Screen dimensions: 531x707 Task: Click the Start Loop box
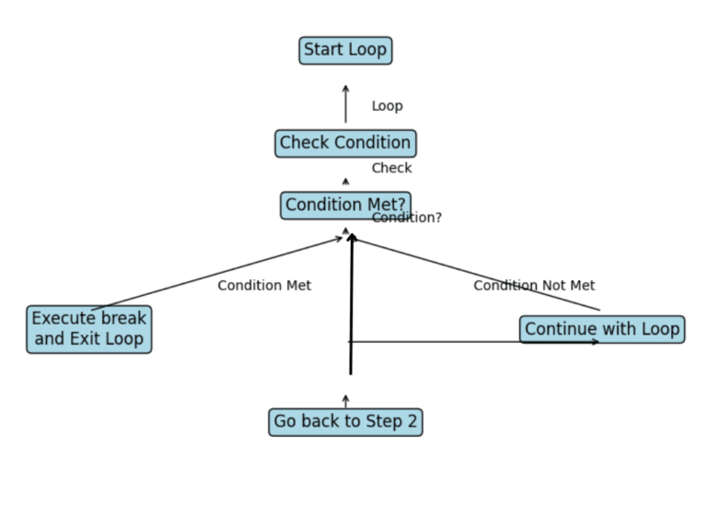(x=345, y=50)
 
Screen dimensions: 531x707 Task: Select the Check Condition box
(x=345, y=143)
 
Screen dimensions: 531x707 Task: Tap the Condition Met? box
(x=345, y=205)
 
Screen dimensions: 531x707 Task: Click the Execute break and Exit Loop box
(x=88, y=329)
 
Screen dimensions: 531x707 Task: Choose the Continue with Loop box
(x=602, y=329)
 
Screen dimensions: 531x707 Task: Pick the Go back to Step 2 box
(x=345, y=422)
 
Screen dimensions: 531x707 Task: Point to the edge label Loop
(x=387, y=106)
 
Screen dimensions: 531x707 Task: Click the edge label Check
(x=391, y=168)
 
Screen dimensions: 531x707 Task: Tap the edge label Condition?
(x=407, y=218)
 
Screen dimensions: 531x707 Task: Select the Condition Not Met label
(x=534, y=286)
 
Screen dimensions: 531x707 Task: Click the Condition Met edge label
(x=264, y=286)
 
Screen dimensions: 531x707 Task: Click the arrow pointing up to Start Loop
(x=346, y=104)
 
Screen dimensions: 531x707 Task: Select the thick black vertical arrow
(x=351, y=304)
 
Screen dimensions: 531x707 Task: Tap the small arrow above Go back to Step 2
(x=346, y=401)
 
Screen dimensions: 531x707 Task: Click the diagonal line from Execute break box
(x=216, y=274)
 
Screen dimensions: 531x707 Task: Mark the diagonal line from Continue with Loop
(x=475, y=274)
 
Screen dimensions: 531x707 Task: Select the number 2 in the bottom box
(x=411, y=422)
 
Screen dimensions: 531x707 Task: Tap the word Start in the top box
(x=323, y=50)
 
